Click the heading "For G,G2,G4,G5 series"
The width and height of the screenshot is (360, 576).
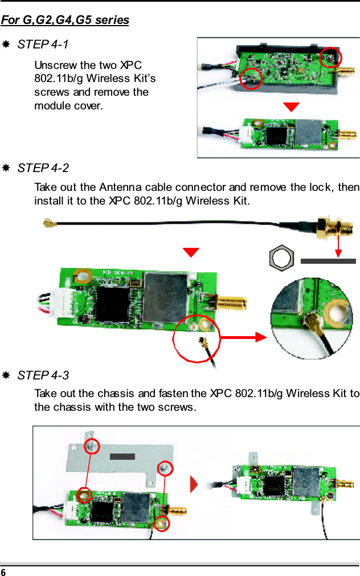(x=65, y=21)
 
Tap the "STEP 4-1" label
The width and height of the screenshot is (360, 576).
(x=43, y=44)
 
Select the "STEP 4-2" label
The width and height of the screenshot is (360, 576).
(x=43, y=168)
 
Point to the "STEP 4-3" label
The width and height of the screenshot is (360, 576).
(x=43, y=375)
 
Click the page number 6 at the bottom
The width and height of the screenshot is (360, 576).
(x=3, y=571)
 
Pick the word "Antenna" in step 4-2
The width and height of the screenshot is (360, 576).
(x=120, y=187)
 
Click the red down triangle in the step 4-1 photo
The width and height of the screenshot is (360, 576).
(x=291, y=107)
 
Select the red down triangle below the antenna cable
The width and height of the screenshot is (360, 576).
(x=191, y=252)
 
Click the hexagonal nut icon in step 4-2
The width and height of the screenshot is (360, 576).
(x=281, y=259)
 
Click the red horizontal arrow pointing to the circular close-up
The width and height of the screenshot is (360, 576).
(x=242, y=337)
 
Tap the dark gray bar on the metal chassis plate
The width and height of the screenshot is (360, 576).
(x=122, y=456)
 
